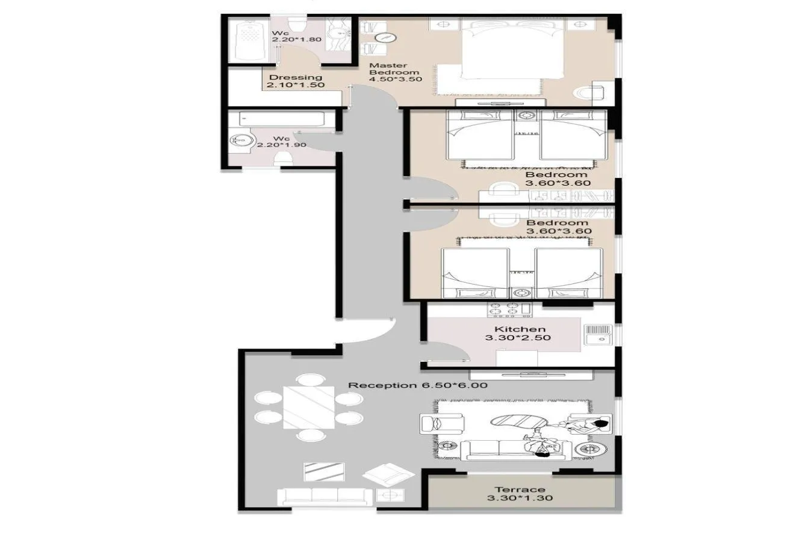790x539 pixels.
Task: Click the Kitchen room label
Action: pyautogui.click(x=520, y=329)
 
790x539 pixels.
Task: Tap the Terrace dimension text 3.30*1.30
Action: pyautogui.click(x=520, y=498)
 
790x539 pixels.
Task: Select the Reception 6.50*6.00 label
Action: pyautogui.click(x=417, y=385)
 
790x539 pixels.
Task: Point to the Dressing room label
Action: pyautogui.click(x=296, y=77)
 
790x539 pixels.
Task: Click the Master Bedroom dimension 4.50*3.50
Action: pyautogui.click(x=396, y=79)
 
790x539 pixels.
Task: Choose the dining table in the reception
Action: pyautogui.click(x=308, y=407)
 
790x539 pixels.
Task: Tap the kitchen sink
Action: pyautogui.click(x=599, y=335)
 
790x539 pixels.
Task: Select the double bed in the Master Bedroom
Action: pyautogui.click(x=512, y=49)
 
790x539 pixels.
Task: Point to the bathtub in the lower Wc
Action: pyautogui.click(x=281, y=119)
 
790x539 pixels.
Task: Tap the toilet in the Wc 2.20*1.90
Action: pyautogui.click(x=284, y=159)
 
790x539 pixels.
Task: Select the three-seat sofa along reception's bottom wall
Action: pyautogui.click(x=325, y=497)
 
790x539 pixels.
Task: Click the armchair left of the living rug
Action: pyautogui.click(x=442, y=424)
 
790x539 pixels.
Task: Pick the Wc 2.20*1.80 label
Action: pyautogui.click(x=297, y=36)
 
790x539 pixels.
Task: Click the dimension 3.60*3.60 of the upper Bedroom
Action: pyautogui.click(x=558, y=183)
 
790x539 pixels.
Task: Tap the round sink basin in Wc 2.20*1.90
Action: pyautogui.click(x=242, y=140)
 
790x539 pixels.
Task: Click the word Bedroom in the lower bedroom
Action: pyautogui.click(x=557, y=223)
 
